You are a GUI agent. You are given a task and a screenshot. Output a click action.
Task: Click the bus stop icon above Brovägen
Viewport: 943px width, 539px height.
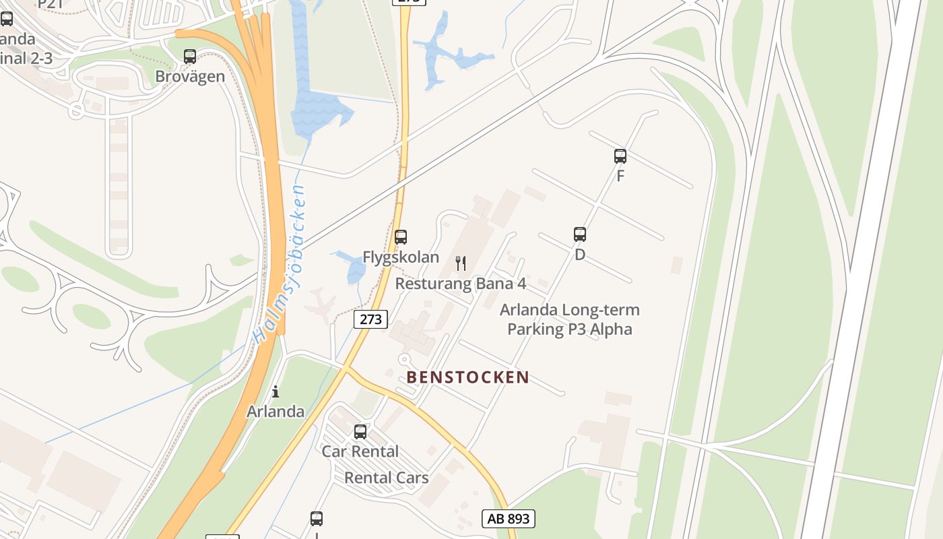point(190,57)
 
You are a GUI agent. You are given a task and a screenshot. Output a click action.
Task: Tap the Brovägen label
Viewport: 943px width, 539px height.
point(190,76)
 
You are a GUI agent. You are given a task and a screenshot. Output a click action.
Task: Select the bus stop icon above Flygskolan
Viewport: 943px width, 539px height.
point(401,237)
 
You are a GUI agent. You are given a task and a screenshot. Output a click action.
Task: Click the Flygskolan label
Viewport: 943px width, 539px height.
point(401,257)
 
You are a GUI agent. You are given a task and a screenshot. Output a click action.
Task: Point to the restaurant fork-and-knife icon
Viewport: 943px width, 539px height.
point(461,263)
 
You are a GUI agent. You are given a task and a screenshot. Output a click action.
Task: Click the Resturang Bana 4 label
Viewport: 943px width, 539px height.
point(461,284)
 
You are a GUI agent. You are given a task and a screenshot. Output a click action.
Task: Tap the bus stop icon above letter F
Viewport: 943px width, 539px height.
point(620,156)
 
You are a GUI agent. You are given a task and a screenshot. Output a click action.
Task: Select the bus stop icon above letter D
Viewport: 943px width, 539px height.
point(580,234)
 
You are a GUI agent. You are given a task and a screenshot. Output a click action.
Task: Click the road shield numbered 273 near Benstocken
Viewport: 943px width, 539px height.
point(370,319)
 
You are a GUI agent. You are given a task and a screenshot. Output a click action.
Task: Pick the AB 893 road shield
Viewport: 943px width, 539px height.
point(509,518)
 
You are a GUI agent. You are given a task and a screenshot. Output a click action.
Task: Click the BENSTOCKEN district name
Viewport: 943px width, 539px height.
point(468,377)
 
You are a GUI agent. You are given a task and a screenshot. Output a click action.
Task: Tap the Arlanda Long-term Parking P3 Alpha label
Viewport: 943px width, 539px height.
point(570,319)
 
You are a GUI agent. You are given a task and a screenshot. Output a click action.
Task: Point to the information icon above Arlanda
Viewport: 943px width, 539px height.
point(275,391)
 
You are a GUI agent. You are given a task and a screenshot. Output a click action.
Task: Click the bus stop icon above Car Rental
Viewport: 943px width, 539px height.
point(360,432)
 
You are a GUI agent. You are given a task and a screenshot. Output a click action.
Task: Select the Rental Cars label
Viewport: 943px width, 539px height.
point(386,478)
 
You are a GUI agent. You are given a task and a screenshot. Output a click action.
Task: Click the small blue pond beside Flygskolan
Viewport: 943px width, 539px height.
point(353,267)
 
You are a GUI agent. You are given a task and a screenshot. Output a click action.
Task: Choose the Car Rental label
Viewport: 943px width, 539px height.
point(360,451)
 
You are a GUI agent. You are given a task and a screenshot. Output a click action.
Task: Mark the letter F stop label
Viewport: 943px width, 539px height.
point(620,177)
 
